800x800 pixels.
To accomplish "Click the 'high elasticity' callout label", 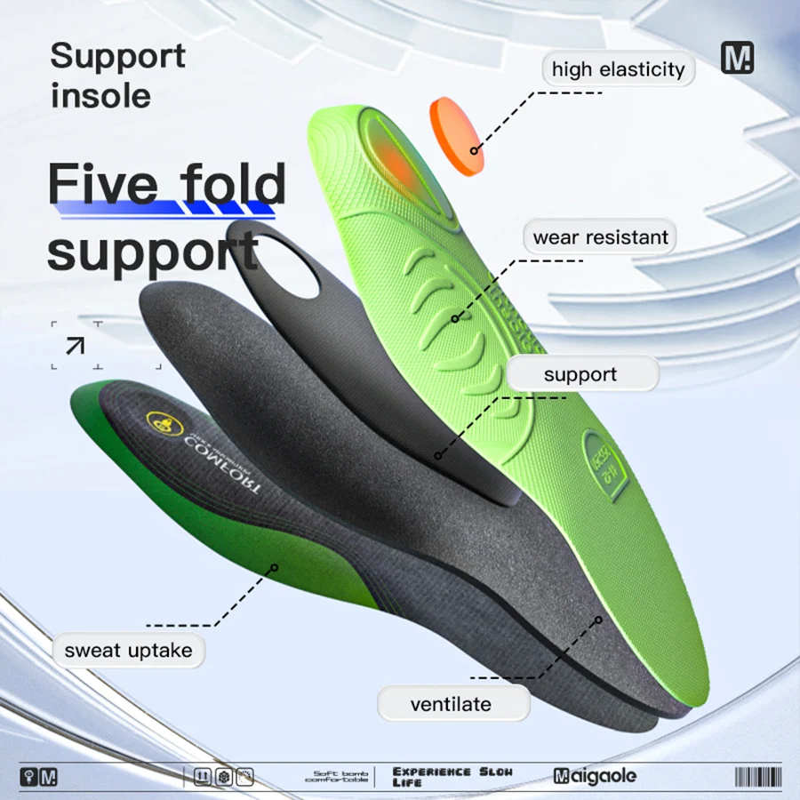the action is tap(618, 69).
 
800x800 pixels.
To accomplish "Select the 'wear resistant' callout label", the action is tap(600, 237).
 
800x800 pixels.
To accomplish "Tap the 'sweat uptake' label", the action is tap(128, 650).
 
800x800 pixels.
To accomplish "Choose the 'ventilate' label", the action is tap(451, 704).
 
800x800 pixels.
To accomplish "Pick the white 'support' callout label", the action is tap(580, 374).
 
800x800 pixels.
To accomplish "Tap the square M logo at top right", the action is tap(737, 58).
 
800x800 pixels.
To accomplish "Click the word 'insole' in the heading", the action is tap(100, 95).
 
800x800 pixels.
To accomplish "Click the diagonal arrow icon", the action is tap(76, 344).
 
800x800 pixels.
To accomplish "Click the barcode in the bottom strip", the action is tap(756, 776).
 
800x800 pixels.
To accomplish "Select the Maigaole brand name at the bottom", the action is tap(595, 776).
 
